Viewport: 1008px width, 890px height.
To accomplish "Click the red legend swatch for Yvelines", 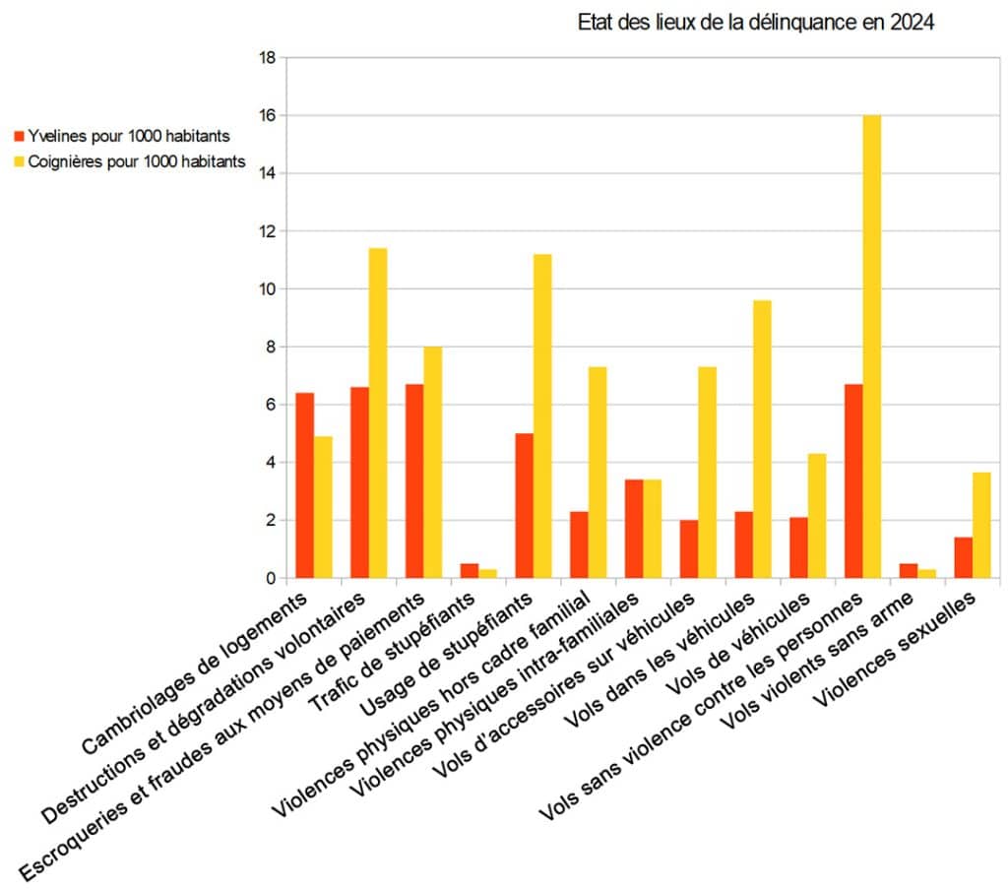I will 18,136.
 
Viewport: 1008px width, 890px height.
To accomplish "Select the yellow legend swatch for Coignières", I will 18,162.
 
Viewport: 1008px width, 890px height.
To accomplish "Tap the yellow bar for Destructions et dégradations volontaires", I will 378,413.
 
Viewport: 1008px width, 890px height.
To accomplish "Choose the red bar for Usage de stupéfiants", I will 525,506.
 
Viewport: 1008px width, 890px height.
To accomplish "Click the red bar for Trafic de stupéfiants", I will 470,571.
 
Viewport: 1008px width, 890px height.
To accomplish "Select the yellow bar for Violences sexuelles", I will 981,526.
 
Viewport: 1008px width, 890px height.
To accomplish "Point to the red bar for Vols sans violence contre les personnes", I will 853,481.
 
